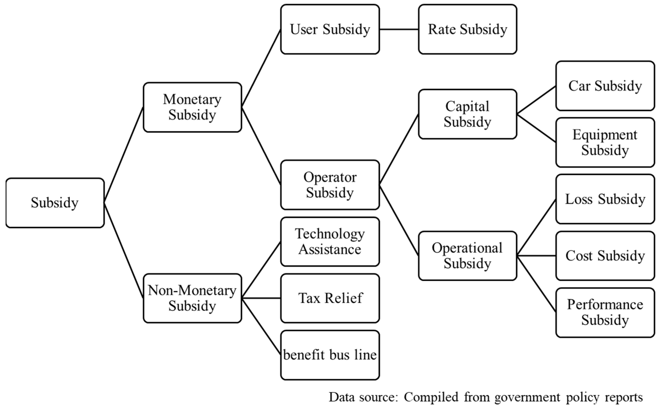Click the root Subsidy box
pyautogui.click(x=55, y=203)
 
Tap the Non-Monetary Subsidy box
pyautogui.click(x=192, y=298)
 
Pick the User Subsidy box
pyautogui.click(x=330, y=29)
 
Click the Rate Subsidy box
pyautogui.click(x=467, y=29)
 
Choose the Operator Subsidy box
pyautogui.click(x=330, y=185)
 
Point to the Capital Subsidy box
pyautogui.click(x=467, y=114)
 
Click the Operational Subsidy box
pyautogui.click(x=467, y=256)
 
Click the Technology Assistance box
pyautogui.click(x=330, y=242)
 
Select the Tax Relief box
pyautogui.click(x=330, y=298)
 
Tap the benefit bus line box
pyautogui.click(x=330, y=355)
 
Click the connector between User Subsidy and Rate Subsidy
pyautogui.click(x=399, y=29)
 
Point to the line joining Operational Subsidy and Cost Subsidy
pyautogui.click(x=536, y=256)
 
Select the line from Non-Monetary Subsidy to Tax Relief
pyautogui.click(x=261, y=298)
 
